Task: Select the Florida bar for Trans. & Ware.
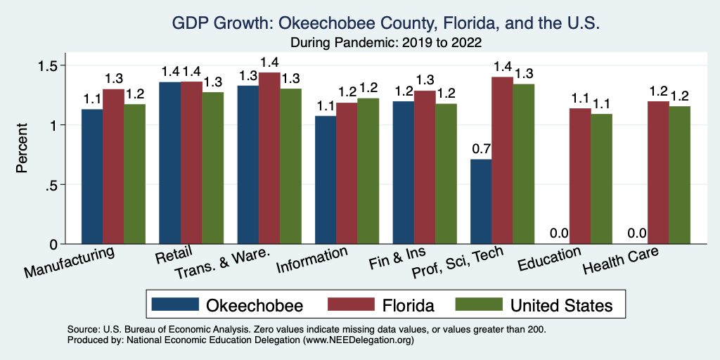[x=269, y=158]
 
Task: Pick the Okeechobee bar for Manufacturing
[x=92, y=176]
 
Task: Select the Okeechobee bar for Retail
[x=169, y=163]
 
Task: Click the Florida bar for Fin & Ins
[x=425, y=167]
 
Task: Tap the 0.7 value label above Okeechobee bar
[x=481, y=148]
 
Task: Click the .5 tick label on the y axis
[x=61, y=185]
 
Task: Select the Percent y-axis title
[x=23, y=149]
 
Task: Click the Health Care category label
[x=621, y=262]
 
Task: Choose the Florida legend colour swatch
[x=349, y=304]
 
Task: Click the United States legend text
[x=561, y=305]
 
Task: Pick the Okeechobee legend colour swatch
[x=174, y=304]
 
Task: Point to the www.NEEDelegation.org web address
[x=358, y=340]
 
